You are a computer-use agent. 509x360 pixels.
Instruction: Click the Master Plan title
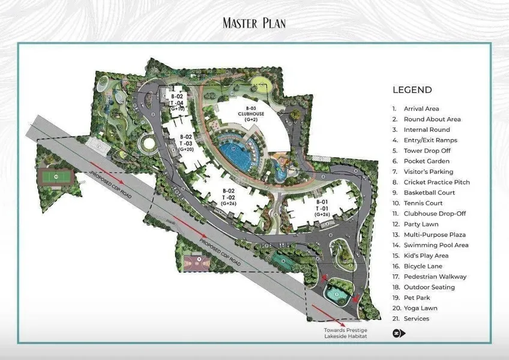click(254, 23)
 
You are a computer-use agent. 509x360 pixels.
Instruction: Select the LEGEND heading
click(412, 90)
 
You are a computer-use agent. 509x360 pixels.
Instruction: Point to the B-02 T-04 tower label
click(177, 102)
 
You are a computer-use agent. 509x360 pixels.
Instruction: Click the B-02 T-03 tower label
click(185, 143)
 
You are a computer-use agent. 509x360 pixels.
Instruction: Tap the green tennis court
click(56, 177)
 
